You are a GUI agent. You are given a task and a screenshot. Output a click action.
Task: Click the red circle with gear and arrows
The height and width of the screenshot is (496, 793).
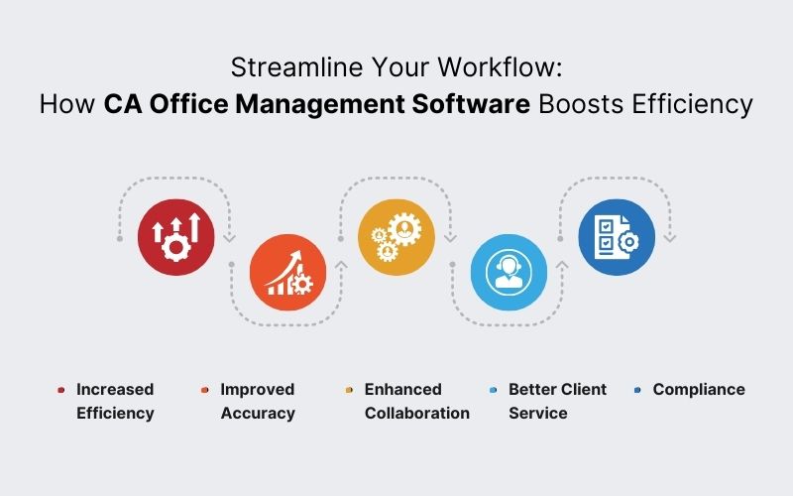pos(175,237)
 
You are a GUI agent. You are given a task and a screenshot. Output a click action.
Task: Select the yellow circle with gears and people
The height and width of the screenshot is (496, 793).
pos(396,237)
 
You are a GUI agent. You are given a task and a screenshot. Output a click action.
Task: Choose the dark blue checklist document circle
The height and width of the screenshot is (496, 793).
pos(617,237)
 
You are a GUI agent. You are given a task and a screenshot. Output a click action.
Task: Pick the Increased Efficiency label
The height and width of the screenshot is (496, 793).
pos(115,401)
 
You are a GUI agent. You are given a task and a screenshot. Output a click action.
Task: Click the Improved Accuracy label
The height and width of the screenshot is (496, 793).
pos(258,401)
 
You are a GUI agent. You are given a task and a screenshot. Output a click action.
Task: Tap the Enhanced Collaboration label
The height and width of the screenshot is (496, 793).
pos(416,401)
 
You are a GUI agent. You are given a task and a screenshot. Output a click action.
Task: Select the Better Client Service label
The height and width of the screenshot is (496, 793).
pos(557,401)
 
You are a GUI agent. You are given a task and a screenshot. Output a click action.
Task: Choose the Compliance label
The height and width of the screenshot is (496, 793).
pos(698,390)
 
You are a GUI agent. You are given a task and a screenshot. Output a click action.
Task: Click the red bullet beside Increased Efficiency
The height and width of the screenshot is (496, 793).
pos(61,391)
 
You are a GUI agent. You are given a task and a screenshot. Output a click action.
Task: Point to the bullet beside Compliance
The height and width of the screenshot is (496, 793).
pos(638,391)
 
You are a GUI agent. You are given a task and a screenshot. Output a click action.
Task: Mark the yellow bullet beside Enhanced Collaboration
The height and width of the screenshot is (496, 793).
pos(349,391)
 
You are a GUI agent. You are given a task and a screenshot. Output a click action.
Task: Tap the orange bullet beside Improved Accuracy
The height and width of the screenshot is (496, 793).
pos(204,391)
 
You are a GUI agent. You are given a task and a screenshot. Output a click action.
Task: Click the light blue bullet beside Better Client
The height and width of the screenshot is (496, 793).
pos(494,391)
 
